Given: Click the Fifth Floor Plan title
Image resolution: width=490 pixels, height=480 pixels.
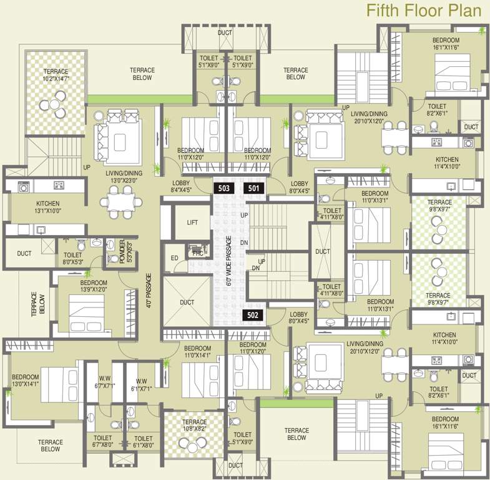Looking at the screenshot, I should click(x=423, y=11).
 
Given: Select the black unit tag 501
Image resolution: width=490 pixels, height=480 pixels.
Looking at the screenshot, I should click(x=254, y=187).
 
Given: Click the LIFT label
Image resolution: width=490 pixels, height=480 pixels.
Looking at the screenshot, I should click(x=192, y=222).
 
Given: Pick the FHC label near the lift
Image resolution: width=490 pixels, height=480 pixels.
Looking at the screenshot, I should click(x=197, y=253).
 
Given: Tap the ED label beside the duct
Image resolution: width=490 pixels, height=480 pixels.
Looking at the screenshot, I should click(x=174, y=257).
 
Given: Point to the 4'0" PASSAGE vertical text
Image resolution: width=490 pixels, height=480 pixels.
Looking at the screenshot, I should click(x=149, y=291).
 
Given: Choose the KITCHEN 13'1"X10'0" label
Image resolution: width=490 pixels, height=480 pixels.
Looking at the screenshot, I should click(x=47, y=207).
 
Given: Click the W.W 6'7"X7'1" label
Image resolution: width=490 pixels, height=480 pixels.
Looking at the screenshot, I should click(x=104, y=383).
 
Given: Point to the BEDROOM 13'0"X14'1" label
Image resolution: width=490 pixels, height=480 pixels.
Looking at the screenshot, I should click(x=25, y=381).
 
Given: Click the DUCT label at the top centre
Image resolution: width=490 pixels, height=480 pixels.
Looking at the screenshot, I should click(x=225, y=32).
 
